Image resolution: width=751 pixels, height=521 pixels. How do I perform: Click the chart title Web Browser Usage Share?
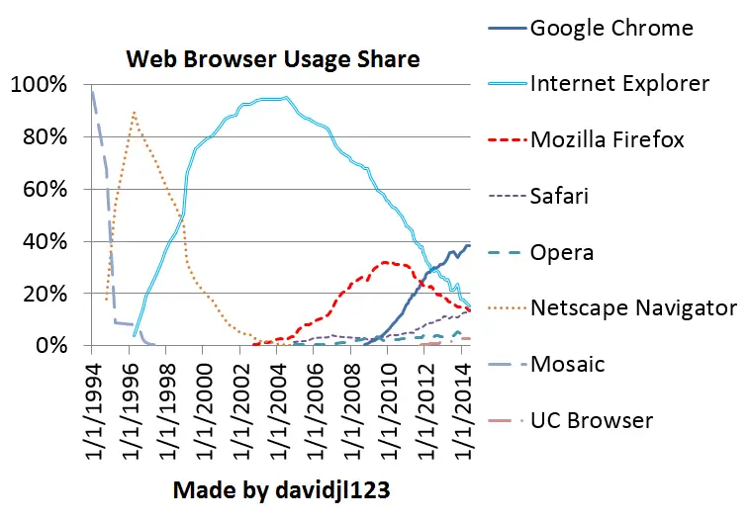pyautogui.click(x=272, y=59)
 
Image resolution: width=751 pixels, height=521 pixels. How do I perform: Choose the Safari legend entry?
pyautogui.click(x=559, y=196)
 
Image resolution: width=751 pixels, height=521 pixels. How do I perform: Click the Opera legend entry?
pyautogui.click(x=562, y=252)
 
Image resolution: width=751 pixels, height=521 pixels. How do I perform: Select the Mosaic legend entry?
pyautogui.click(x=567, y=364)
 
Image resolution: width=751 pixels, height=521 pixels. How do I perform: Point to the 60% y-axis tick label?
pyautogui.click(x=44, y=189)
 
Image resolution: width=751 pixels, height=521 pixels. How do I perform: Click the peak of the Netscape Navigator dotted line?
pyautogui.click(x=134, y=113)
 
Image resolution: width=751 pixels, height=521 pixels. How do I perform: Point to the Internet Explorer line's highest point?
pyautogui.click(x=286, y=97)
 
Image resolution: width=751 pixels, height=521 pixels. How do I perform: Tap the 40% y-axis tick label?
pyautogui.click(x=44, y=241)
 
